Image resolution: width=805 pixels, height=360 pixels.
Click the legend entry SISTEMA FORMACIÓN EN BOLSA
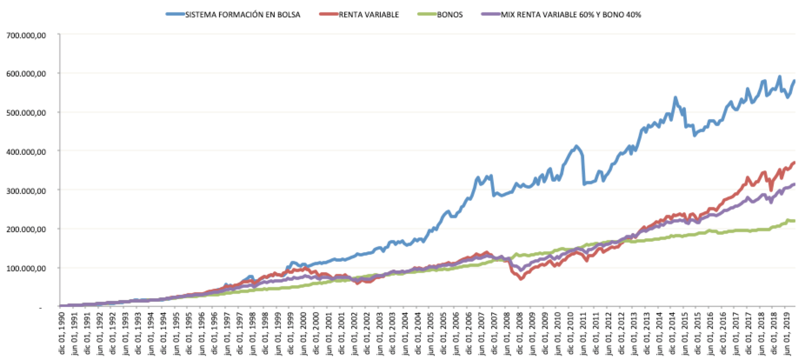243,14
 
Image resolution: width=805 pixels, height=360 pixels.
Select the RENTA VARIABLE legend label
368,14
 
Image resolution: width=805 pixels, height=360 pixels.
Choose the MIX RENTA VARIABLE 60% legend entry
571,14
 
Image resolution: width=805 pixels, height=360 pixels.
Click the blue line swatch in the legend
175,14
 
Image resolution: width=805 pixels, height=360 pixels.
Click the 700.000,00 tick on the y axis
27,35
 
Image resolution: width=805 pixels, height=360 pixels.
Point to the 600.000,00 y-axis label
27,73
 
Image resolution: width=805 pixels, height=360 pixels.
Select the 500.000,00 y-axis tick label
27,112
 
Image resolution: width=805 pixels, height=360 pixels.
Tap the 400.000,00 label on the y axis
27,151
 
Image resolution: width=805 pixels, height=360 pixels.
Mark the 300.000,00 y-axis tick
27,190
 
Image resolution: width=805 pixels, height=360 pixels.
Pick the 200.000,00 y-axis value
27,229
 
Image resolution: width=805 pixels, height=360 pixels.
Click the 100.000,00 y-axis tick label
27,268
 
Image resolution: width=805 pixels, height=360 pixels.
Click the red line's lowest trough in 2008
520,279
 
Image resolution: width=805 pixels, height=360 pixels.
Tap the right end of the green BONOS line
794,221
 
